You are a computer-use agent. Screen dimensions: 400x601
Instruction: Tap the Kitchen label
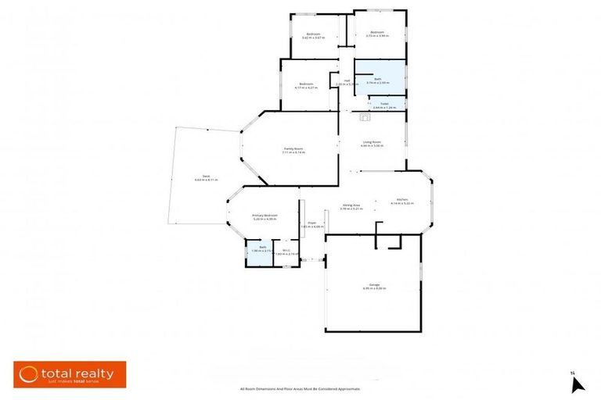tap(401, 201)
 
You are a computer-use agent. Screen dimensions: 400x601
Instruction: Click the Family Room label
tap(293, 150)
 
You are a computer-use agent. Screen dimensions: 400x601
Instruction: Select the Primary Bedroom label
tap(265, 216)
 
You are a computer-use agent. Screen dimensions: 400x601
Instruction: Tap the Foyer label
tap(311, 224)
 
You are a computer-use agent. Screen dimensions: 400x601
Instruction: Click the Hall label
tap(347, 82)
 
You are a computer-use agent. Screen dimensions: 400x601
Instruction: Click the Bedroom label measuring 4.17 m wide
tap(306, 85)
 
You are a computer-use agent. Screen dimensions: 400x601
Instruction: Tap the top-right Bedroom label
tap(378, 33)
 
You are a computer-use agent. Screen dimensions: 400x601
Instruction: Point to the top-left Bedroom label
tap(313, 35)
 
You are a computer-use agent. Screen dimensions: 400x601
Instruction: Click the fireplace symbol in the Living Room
tap(364, 118)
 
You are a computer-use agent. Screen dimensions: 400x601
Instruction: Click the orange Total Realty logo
tap(70, 373)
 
